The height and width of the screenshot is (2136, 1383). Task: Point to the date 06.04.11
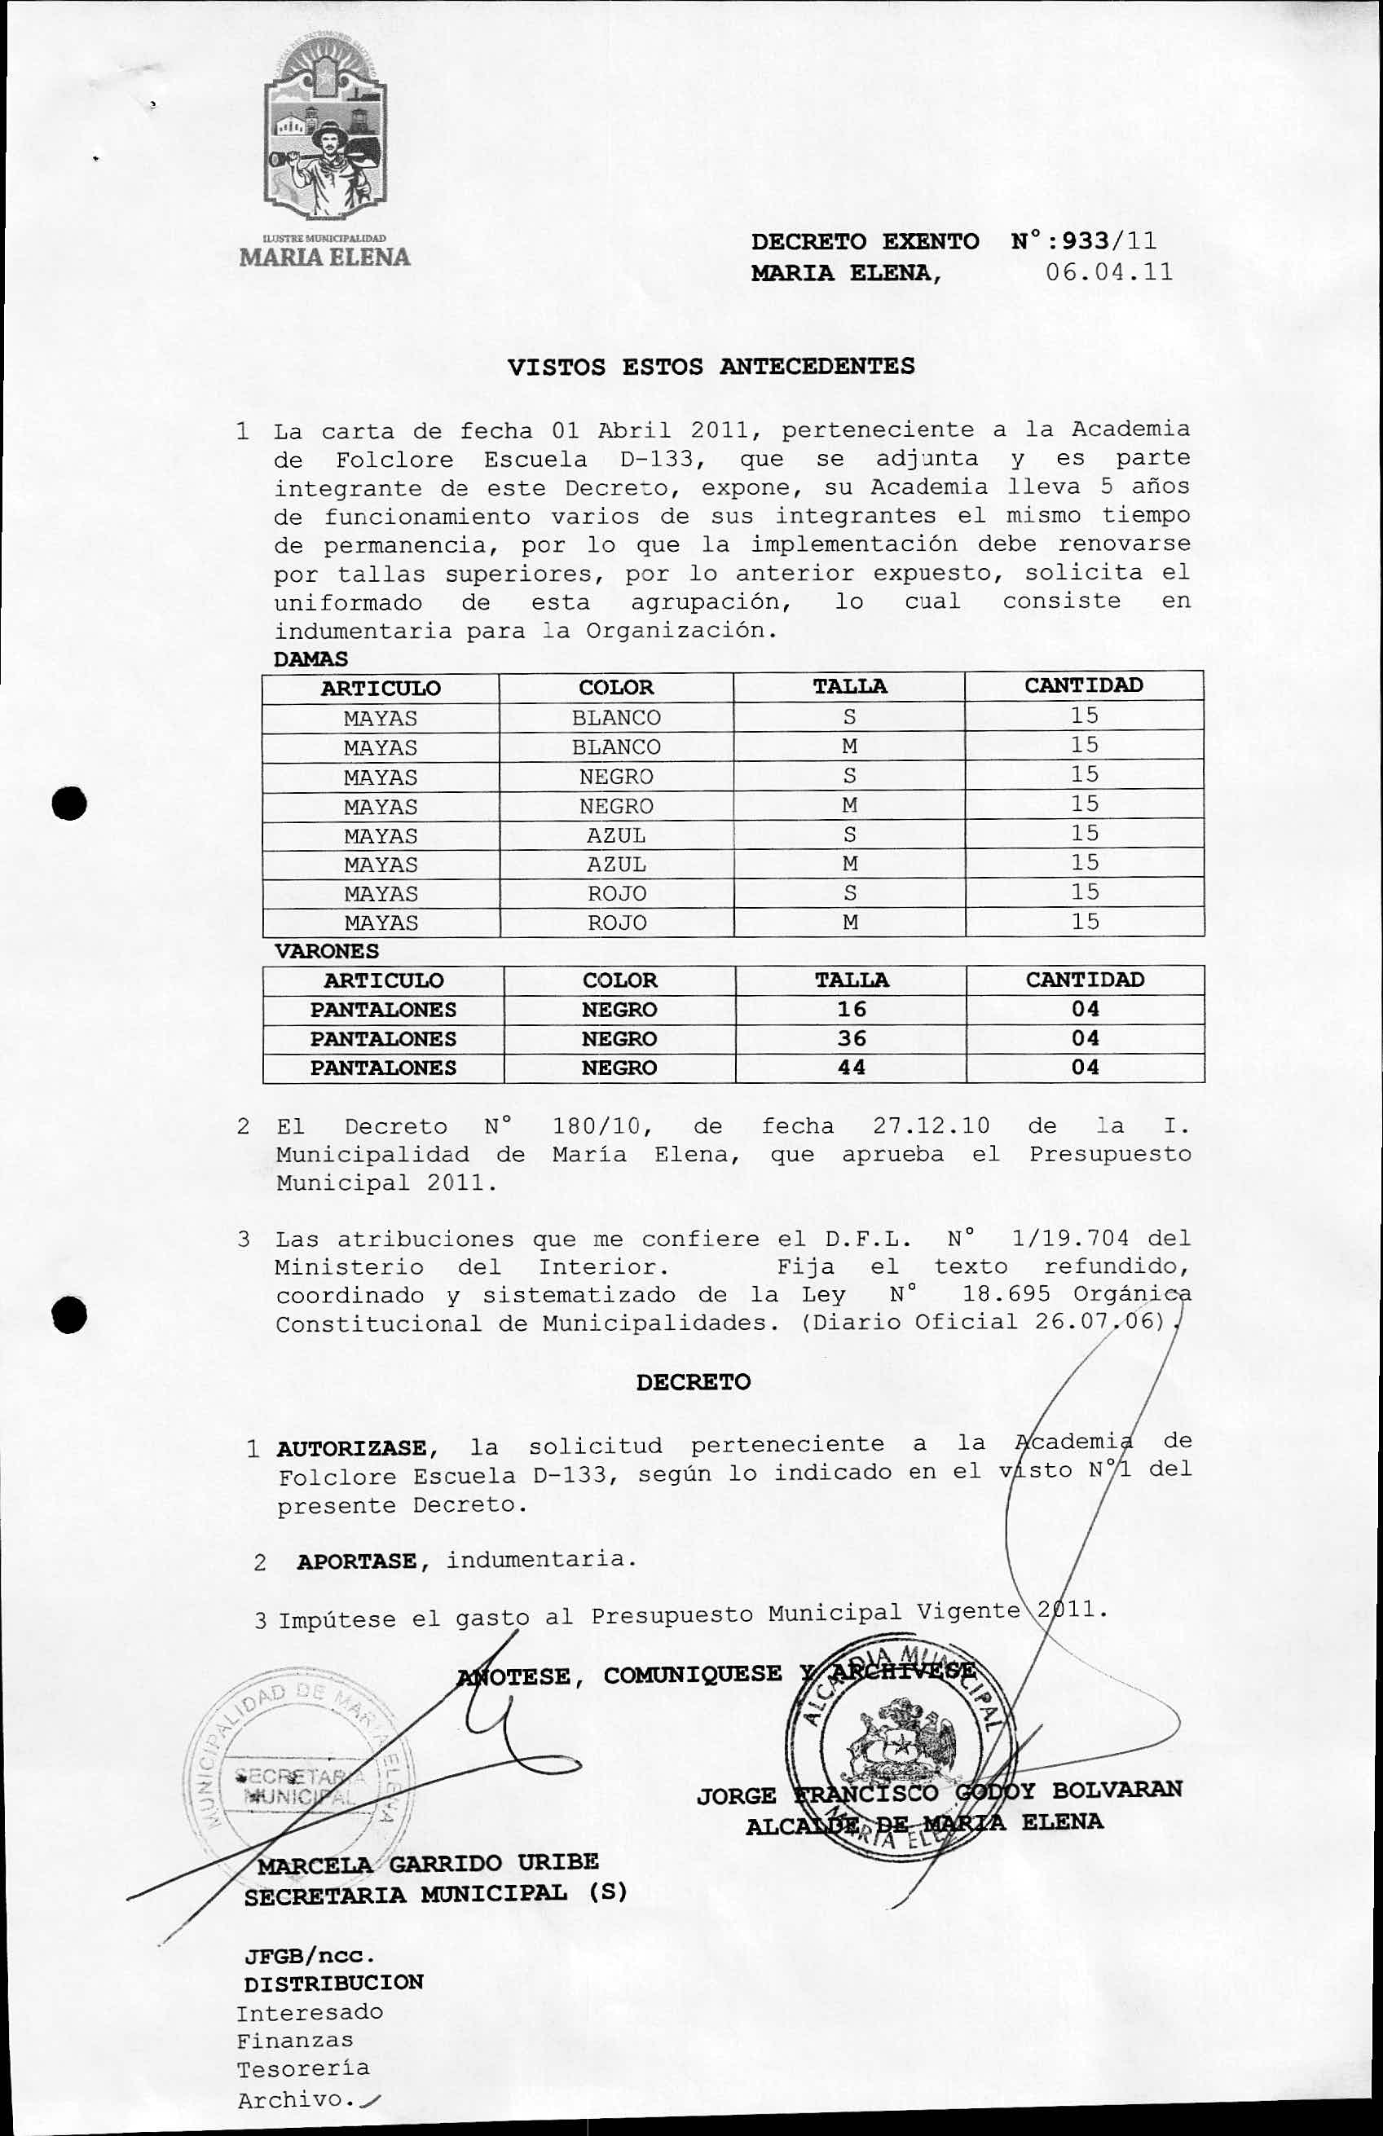[1109, 273]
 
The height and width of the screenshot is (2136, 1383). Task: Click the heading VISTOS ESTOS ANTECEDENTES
[711, 366]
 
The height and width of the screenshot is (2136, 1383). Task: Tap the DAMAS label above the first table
[310, 658]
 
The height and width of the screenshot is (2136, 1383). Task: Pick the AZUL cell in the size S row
[615, 835]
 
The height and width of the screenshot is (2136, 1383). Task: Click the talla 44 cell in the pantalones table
[851, 1068]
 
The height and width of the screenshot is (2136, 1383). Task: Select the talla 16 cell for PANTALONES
[851, 1010]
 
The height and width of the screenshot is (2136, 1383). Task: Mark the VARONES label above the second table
[326, 951]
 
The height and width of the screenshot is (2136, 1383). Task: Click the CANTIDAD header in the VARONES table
[1084, 980]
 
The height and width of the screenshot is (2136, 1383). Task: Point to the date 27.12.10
[931, 1126]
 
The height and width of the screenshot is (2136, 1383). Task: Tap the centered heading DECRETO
[693, 1382]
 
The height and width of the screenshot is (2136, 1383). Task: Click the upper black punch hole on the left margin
[69, 804]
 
